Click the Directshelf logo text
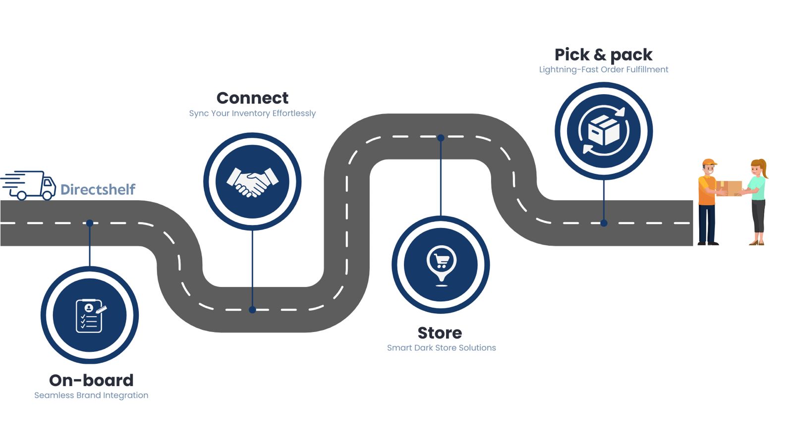(98, 189)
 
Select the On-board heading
(91, 380)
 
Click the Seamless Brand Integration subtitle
(91, 395)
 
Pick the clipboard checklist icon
(90, 315)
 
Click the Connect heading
(252, 98)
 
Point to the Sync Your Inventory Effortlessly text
(252, 113)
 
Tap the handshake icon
(252, 182)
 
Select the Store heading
(440, 333)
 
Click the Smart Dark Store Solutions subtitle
(441, 347)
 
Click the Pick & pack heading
(603, 54)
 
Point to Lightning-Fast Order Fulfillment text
(603, 69)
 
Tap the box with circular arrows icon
(603, 131)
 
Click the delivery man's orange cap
(709, 162)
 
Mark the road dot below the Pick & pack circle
(604, 223)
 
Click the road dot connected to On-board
(90, 223)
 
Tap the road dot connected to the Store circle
(441, 138)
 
